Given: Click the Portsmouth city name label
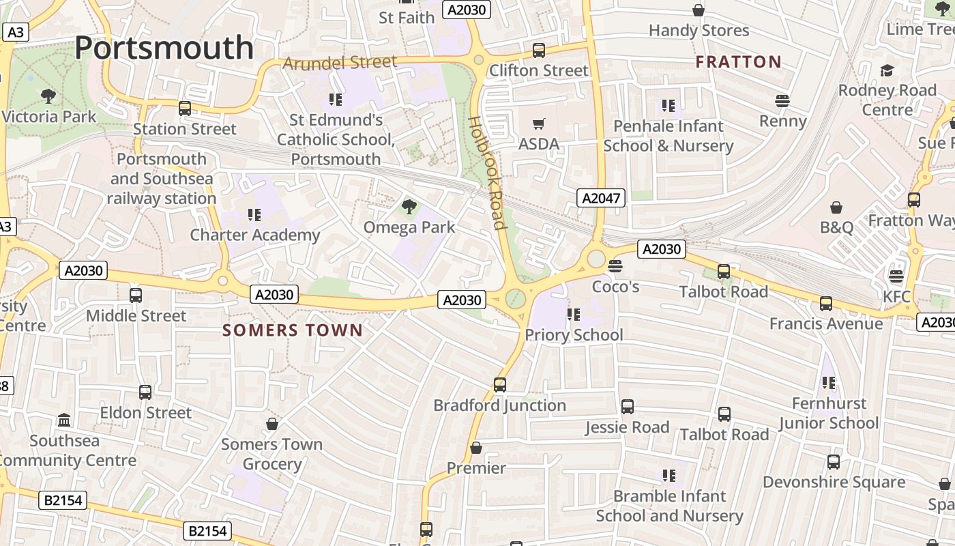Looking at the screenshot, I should pyautogui.click(x=164, y=48).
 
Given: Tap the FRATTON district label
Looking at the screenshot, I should pyautogui.click(x=738, y=62).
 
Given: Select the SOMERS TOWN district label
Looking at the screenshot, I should pyautogui.click(x=293, y=330).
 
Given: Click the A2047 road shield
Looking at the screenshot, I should pyautogui.click(x=600, y=198).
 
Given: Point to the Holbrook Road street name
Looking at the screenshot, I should pyautogui.click(x=486, y=172).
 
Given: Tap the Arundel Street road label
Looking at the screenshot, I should pyautogui.click(x=340, y=63).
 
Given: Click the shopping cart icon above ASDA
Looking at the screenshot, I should pyautogui.click(x=539, y=124).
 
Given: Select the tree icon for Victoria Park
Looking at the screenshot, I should pyautogui.click(x=48, y=96).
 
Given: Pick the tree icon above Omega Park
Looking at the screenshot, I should pyautogui.click(x=409, y=206).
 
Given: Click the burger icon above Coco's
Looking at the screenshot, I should pyautogui.click(x=615, y=265).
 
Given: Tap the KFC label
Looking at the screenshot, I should pyautogui.click(x=896, y=296).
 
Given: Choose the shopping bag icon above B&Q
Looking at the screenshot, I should pyautogui.click(x=836, y=207).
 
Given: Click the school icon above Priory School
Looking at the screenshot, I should pyautogui.click(x=574, y=315).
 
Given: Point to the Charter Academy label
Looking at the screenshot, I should pyautogui.click(x=254, y=235).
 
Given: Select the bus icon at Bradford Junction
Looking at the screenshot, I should pyautogui.click(x=500, y=385).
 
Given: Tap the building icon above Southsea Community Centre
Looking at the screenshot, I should pyautogui.click(x=64, y=420).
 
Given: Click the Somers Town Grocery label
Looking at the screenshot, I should pyautogui.click(x=271, y=454).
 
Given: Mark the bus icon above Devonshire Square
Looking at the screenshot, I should pyautogui.click(x=834, y=462).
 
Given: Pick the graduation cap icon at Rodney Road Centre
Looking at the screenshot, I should pyautogui.click(x=887, y=70).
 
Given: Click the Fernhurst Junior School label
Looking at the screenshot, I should pyautogui.click(x=829, y=413).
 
